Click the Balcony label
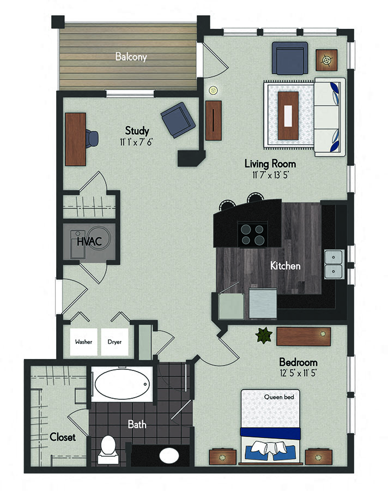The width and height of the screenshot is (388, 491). point(130,57)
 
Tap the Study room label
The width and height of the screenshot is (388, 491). point(137,131)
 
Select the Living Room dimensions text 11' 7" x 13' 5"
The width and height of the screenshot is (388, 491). point(270,175)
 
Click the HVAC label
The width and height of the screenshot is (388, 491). point(87,241)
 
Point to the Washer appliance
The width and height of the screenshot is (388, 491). point(84,342)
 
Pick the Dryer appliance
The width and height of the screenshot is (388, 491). point(114,342)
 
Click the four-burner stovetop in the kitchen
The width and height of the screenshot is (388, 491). point(252,234)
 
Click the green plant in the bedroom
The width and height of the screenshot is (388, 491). point(264,335)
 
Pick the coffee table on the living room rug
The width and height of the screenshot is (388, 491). point(288,115)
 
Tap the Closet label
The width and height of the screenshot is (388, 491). point(62,437)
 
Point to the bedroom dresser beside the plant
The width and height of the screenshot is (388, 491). point(303,336)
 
